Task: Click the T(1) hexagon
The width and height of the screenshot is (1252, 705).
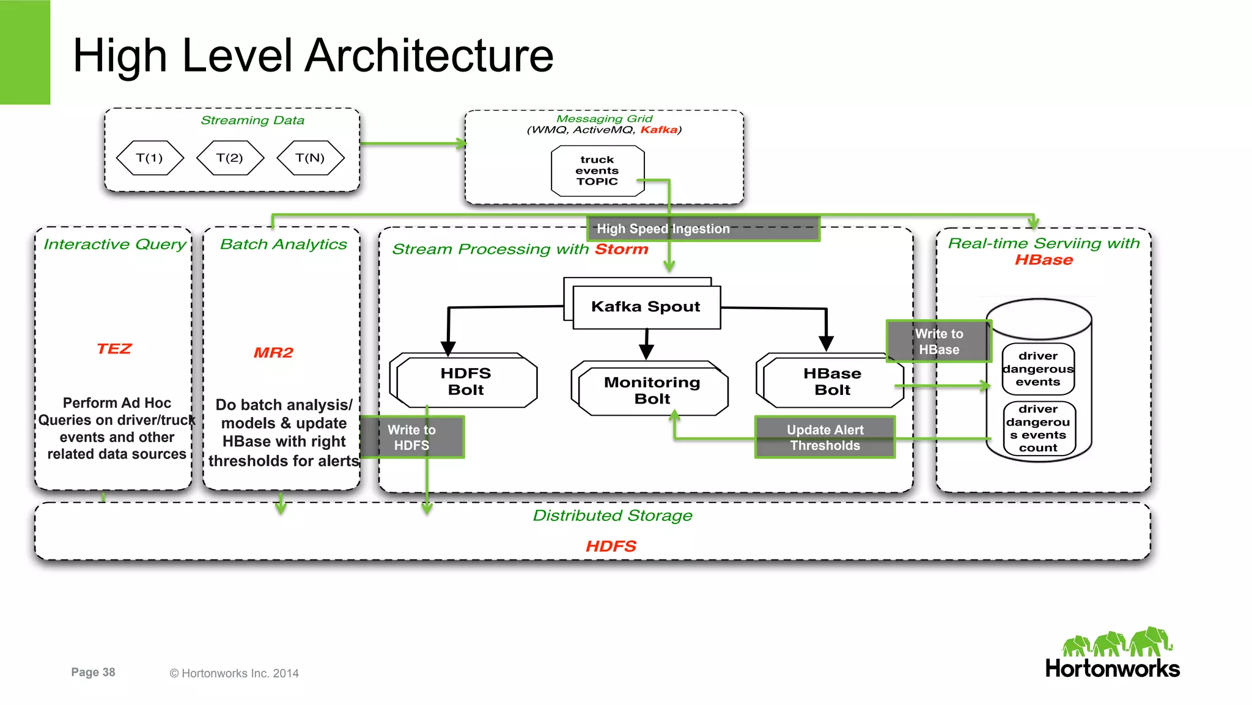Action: point(150,158)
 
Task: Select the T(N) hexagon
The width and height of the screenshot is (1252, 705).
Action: point(310,158)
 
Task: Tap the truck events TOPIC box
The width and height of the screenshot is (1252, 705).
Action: point(597,171)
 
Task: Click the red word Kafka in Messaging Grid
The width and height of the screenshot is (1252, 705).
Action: point(658,130)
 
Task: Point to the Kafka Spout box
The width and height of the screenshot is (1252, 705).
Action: point(646,307)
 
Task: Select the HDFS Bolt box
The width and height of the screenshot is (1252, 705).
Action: point(466,382)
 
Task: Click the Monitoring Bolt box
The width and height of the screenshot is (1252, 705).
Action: point(652,390)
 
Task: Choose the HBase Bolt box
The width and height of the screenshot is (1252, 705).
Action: point(832,382)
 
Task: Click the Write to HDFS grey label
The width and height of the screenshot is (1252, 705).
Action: point(412,437)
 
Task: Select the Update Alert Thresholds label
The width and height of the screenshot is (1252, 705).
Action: point(825,437)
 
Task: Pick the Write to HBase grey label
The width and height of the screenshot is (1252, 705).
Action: point(938,341)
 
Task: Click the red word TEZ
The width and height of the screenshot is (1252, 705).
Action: point(114,349)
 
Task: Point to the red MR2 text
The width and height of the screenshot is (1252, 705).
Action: point(273,353)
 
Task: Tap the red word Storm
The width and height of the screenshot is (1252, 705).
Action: point(621,249)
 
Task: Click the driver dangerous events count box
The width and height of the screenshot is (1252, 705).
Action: point(1038,429)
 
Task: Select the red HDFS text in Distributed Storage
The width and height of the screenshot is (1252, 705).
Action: point(611,546)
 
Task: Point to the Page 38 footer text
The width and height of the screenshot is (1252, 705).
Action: point(93,672)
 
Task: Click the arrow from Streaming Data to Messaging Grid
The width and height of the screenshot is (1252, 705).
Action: point(413,144)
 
